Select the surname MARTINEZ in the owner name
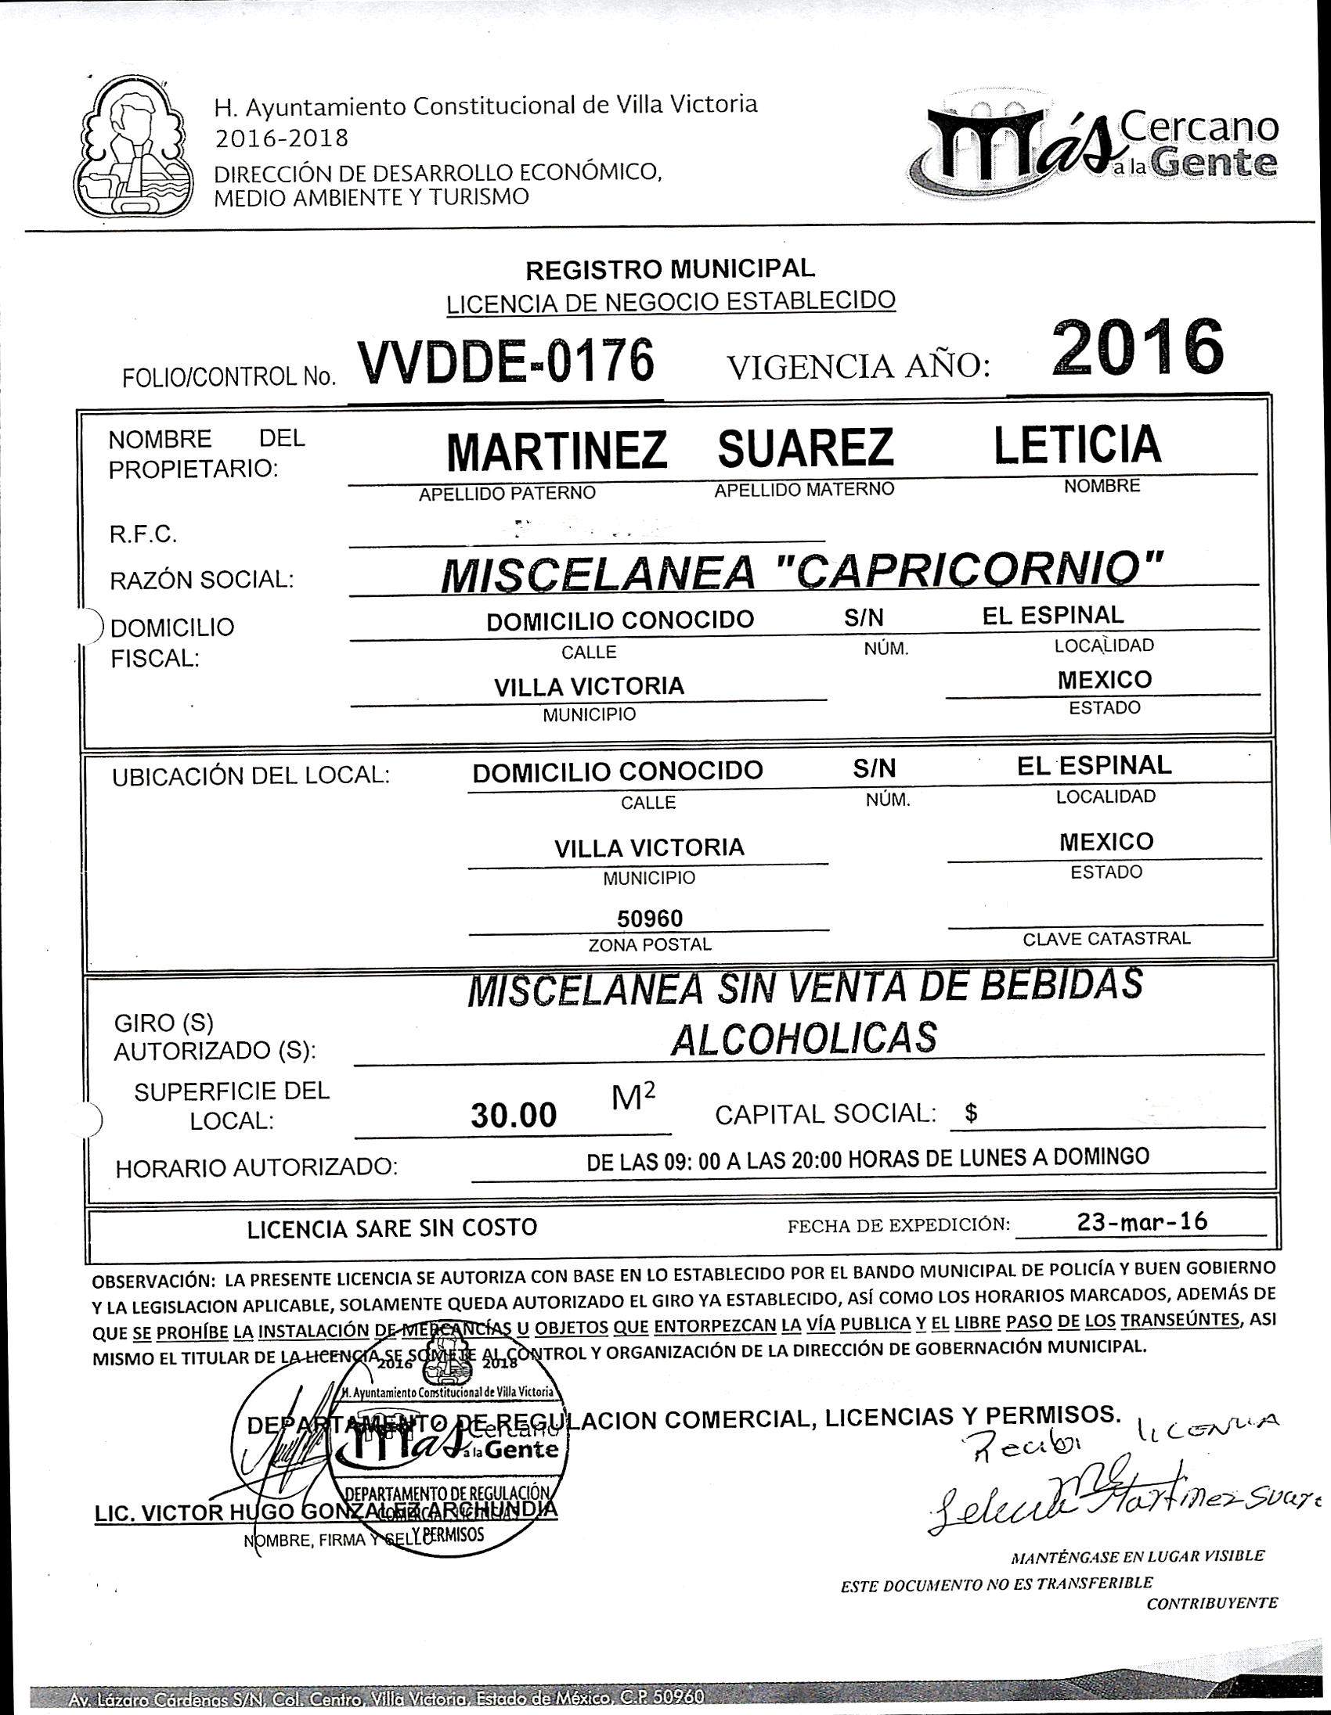tap(557, 450)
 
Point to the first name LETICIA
tap(1077, 444)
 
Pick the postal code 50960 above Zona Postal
tap(649, 918)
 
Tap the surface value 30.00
tap(514, 1114)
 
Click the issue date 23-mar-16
tap(1142, 1222)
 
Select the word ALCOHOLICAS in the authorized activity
tap(804, 1038)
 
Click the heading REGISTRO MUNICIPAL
tap(670, 269)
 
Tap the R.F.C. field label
tap(143, 535)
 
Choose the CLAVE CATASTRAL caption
tap(1106, 938)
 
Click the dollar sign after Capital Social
tap(971, 1113)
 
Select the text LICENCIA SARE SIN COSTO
tap(392, 1228)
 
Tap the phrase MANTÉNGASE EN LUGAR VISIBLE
tap(1137, 1555)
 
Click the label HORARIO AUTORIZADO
tap(256, 1167)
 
